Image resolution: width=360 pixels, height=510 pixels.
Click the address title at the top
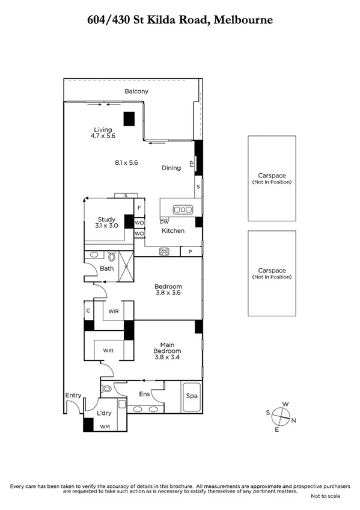[180, 20]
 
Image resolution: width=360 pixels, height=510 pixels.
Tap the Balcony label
[136, 91]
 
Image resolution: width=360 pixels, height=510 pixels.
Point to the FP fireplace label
[192, 164]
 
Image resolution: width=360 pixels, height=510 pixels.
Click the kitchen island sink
[182, 209]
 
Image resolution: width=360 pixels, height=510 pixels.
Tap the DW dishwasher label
[164, 221]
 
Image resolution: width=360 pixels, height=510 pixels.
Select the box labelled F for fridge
[139, 208]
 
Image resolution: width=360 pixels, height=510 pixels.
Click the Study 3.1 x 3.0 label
[106, 222]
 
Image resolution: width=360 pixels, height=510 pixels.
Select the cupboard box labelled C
[89, 311]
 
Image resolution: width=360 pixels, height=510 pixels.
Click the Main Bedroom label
[166, 351]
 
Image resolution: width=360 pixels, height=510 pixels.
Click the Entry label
[73, 395]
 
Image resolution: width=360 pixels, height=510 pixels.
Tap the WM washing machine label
[105, 426]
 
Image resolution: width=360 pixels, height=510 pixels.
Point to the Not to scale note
[325, 496]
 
